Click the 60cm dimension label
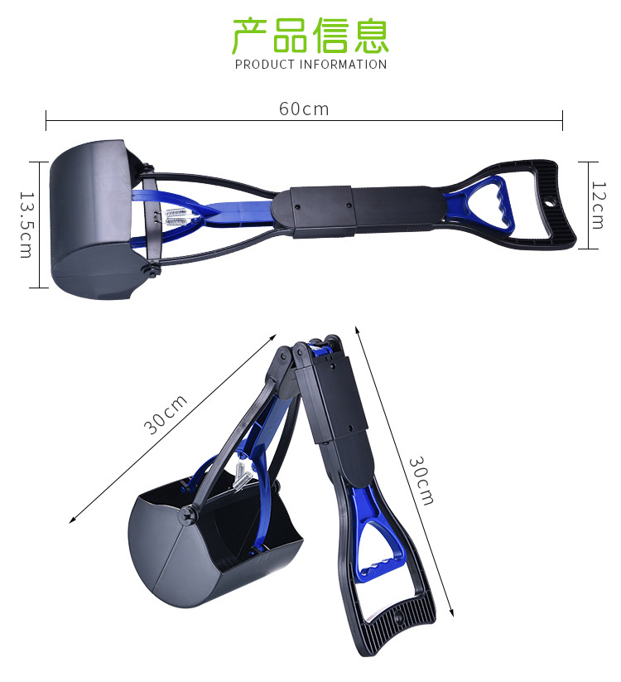point(304,109)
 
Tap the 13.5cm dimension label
point(26,225)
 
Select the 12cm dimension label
point(598,206)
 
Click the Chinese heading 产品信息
point(310,36)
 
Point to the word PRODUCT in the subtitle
point(265,65)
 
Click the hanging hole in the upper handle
point(551,202)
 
